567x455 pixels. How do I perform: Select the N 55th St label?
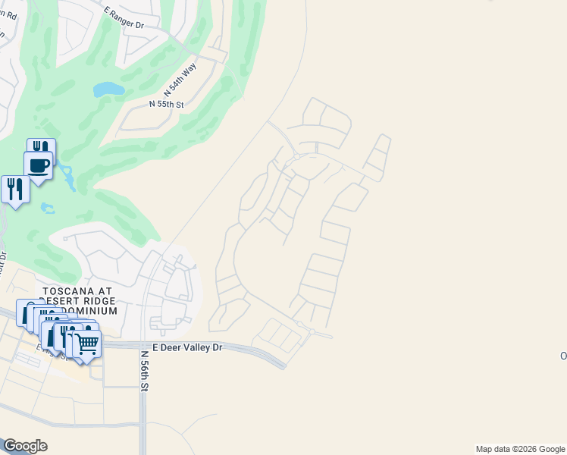click(167, 103)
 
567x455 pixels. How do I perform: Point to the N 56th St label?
click(143, 371)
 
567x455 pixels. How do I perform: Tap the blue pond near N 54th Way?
click(108, 89)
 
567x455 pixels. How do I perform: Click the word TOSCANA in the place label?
click(67, 291)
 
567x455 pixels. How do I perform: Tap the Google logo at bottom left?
click(25, 446)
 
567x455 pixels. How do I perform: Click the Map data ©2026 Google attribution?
click(520, 449)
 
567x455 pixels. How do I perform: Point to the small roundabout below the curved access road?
click(297, 157)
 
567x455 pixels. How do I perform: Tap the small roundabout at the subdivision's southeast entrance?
click(312, 332)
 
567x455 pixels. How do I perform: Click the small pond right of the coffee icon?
click(67, 179)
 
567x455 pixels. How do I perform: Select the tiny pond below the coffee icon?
click(48, 207)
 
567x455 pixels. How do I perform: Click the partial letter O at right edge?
click(563, 356)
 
